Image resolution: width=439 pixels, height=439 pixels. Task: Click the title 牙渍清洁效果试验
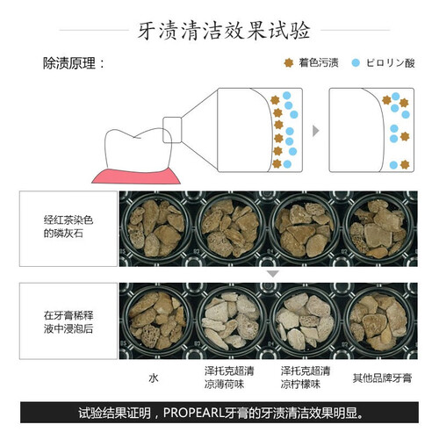point(224,30)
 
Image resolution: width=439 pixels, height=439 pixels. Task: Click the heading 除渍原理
point(69,63)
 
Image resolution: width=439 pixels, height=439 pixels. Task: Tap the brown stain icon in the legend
point(289,62)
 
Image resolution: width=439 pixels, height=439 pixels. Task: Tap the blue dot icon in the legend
point(356,63)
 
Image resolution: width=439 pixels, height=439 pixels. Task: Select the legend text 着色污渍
point(319,62)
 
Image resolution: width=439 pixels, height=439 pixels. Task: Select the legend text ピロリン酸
point(391,63)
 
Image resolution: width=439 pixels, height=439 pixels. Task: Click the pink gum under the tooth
point(136,176)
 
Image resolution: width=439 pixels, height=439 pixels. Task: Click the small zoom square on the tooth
point(172,130)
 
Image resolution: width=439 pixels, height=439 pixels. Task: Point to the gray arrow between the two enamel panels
point(315,131)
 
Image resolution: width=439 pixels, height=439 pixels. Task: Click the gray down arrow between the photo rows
point(273,274)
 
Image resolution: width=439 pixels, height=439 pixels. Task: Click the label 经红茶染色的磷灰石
point(68,227)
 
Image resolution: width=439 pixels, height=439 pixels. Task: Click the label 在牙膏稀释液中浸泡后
point(68,322)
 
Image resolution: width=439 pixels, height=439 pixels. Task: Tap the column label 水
point(154,378)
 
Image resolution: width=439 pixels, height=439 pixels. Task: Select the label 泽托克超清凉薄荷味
point(229,378)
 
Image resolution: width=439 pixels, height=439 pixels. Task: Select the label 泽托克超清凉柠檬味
point(306,378)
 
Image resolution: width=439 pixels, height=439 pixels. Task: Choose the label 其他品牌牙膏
point(382,378)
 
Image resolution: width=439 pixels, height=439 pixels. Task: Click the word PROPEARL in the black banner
point(193,413)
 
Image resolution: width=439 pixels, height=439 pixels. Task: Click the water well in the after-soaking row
point(156,320)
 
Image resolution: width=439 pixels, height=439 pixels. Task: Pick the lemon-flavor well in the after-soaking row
point(305,321)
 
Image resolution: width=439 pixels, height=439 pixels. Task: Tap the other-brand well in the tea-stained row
point(379,228)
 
